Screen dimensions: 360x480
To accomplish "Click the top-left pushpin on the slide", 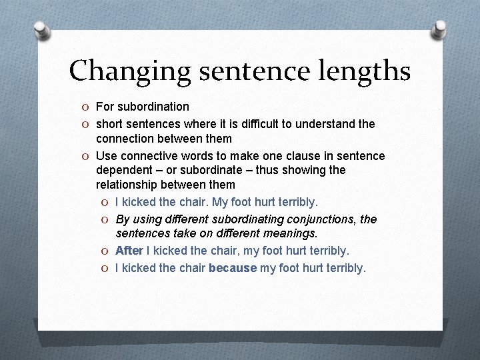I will [41, 30].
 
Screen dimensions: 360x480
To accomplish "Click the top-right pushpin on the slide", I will [439, 29].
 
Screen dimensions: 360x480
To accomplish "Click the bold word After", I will [129, 251].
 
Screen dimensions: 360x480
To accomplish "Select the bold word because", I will [233, 268].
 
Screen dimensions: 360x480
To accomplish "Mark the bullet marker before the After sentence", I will [105, 251].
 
